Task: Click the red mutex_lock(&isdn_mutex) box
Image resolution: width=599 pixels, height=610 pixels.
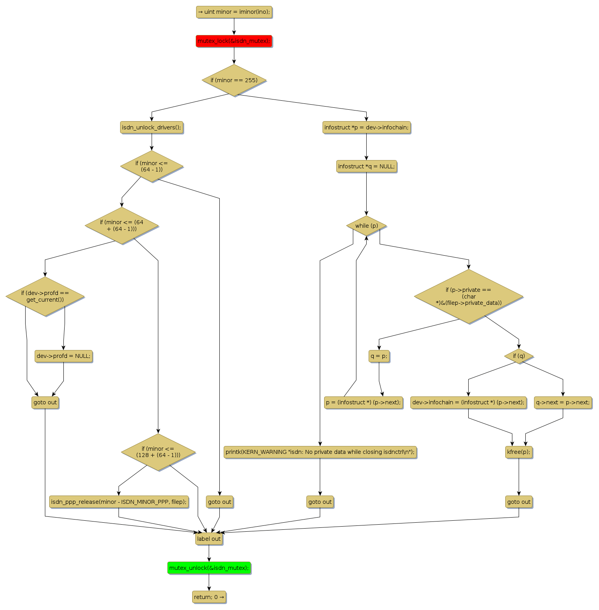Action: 234,41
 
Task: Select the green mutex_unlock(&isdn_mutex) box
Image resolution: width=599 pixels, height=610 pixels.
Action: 209,568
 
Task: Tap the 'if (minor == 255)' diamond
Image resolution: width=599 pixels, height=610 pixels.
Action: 234,80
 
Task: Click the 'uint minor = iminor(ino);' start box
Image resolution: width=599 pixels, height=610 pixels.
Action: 234,12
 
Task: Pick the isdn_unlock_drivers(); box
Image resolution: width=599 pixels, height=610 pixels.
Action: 152,127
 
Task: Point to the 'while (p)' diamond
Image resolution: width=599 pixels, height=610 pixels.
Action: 366,226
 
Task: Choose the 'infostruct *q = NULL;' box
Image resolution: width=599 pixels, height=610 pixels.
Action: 366,166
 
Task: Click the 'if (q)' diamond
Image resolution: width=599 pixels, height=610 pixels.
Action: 519,356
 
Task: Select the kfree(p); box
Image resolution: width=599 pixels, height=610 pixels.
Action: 519,452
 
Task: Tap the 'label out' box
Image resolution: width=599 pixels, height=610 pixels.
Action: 209,539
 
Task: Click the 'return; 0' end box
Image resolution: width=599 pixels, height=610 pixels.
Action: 209,597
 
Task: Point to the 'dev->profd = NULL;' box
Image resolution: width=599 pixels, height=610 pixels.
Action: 63,356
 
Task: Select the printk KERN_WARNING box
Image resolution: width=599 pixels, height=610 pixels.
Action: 320,452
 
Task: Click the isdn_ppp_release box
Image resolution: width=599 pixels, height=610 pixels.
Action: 119,502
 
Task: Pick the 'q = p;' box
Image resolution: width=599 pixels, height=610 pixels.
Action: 379,356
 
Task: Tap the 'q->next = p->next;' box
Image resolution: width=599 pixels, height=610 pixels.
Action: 563,402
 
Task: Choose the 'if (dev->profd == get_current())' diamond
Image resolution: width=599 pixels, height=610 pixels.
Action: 45,297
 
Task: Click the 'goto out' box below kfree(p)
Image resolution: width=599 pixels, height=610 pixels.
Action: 519,502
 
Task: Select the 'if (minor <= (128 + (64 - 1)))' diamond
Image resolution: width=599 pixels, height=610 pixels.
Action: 158,452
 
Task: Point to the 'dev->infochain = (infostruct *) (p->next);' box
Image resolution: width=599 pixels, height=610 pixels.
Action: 468,402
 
